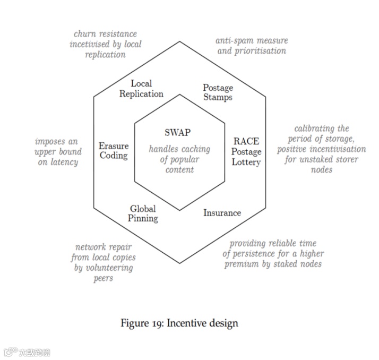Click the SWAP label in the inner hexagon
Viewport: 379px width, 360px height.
pyautogui.click(x=177, y=133)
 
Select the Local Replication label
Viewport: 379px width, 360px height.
pyautogui.click(x=141, y=89)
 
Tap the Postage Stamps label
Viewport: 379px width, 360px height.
pyautogui.click(x=218, y=92)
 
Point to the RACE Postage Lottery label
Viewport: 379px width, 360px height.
pyautogui.click(x=246, y=151)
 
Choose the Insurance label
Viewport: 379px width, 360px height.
pyautogui.click(x=222, y=213)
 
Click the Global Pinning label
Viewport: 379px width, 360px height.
pyautogui.click(x=143, y=213)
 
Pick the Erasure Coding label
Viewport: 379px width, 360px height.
pyautogui.click(x=114, y=151)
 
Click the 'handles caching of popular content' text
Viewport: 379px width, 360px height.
pyautogui.click(x=179, y=159)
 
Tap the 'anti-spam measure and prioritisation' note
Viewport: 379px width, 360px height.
pyautogui.click(x=251, y=46)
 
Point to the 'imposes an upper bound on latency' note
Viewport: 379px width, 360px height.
pyautogui.click(x=57, y=152)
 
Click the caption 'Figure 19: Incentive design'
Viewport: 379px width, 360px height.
pyautogui.click(x=179, y=323)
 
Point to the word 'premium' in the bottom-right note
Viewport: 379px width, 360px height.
pyautogui.click(x=242, y=264)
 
